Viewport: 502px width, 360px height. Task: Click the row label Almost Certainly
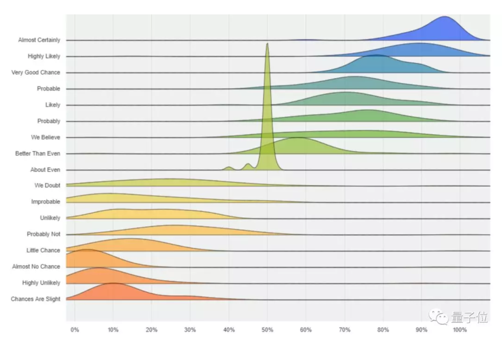(x=39, y=40)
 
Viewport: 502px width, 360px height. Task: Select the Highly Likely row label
(x=44, y=56)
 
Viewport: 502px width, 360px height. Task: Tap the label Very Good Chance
(x=36, y=72)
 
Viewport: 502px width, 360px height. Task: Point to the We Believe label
(x=45, y=137)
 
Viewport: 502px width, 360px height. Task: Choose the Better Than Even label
(x=38, y=154)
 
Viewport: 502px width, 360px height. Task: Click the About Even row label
(x=45, y=170)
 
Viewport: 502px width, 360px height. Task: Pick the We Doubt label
(x=47, y=185)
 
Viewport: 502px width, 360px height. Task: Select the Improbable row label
(x=45, y=202)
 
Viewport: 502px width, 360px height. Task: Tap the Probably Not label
(x=44, y=234)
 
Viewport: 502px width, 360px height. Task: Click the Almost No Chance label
(x=36, y=267)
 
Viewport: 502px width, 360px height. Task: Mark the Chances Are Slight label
(x=36, y=299)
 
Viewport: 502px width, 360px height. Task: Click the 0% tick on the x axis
(x=75, y=330)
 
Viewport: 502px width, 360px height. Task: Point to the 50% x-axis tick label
(x=267, y=330)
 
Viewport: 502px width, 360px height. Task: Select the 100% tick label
(x=460, y=330)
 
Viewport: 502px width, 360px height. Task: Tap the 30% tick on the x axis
(x=190, y=330)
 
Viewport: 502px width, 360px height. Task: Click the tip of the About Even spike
(x=267, y=44)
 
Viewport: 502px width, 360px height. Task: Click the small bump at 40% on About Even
(x=229, y=167)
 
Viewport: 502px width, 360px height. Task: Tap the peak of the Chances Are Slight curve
(x=113, y=283)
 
